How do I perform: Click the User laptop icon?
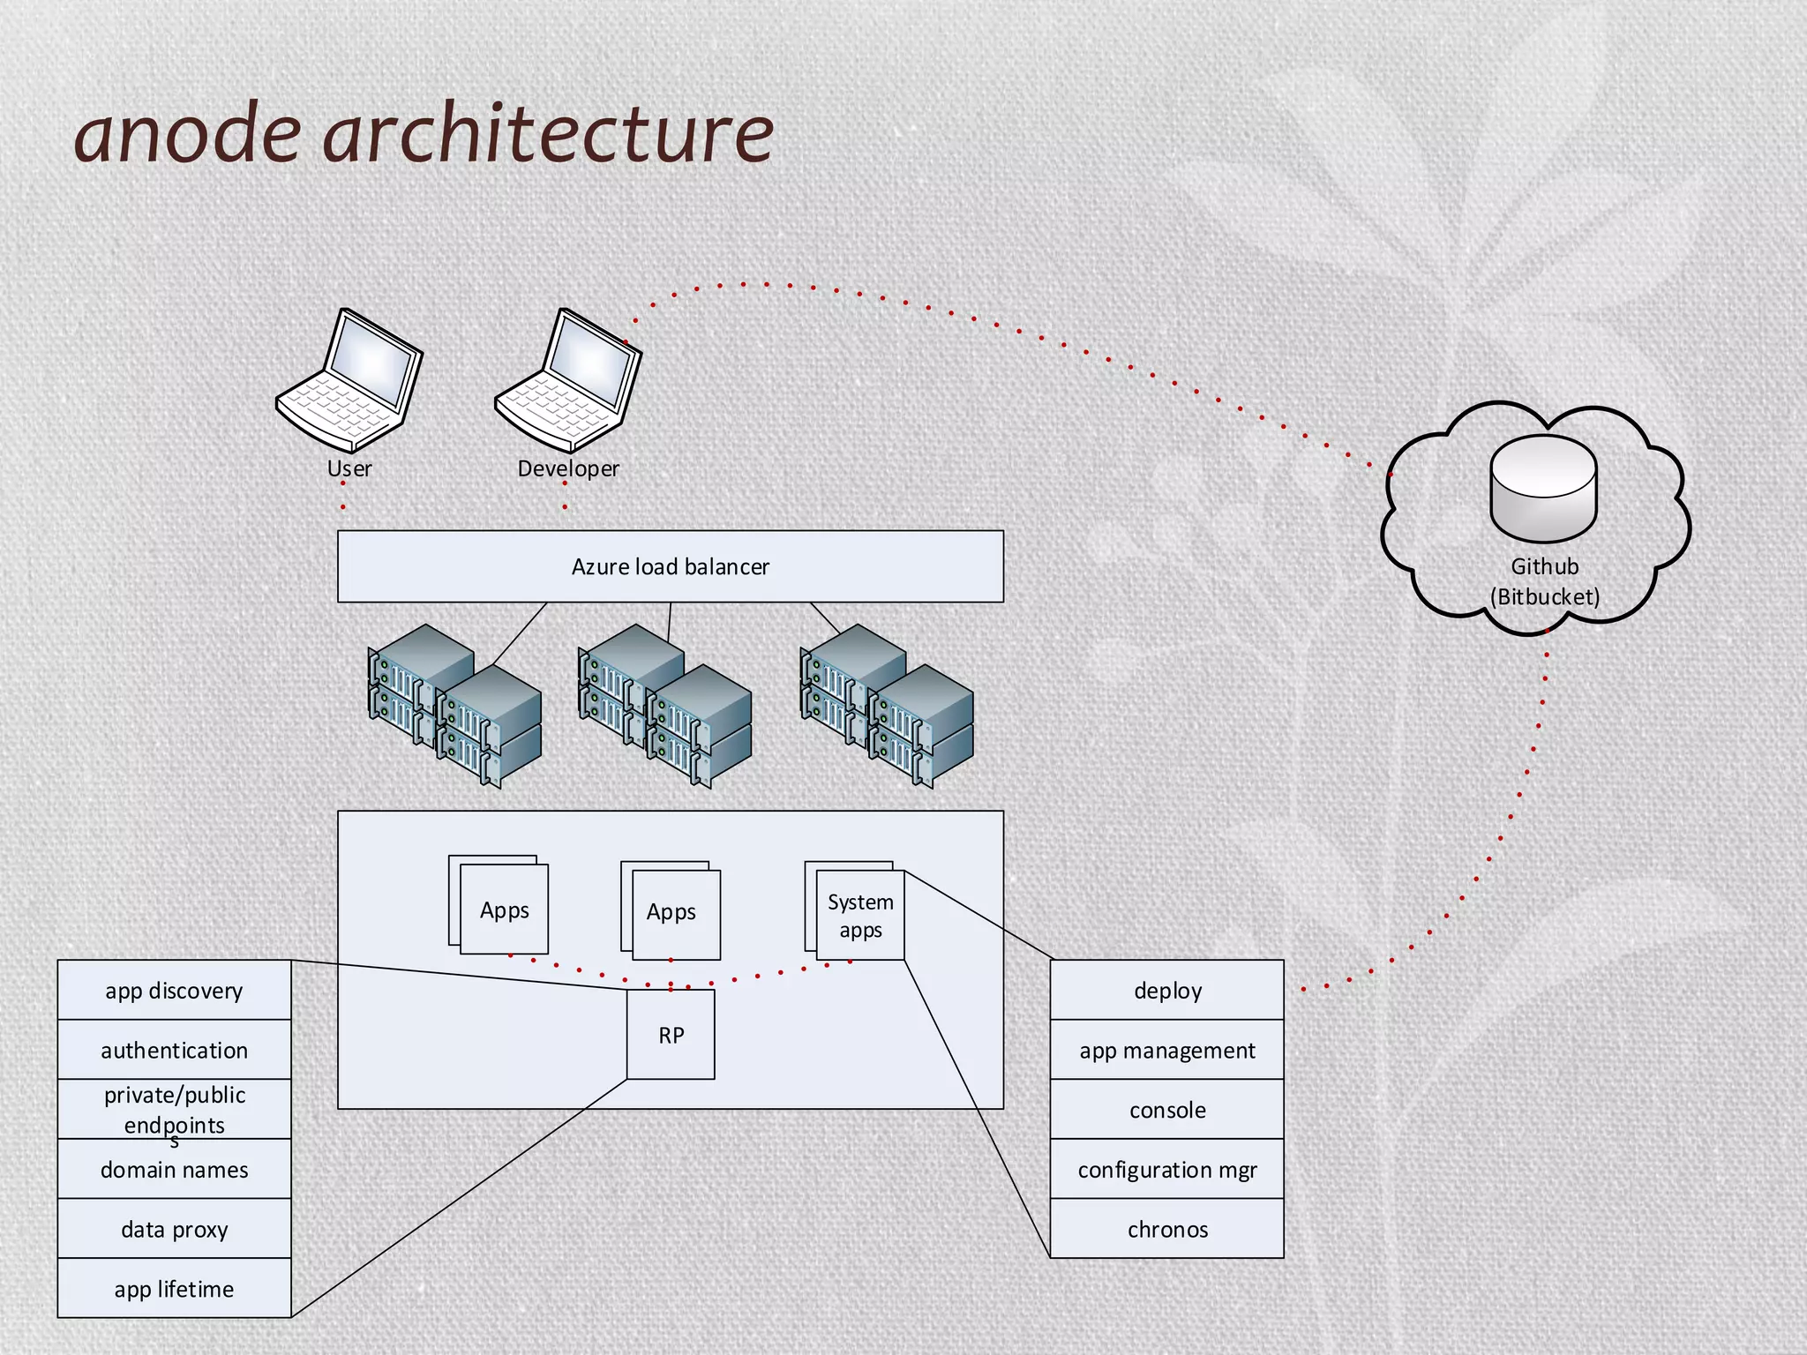(349, 381)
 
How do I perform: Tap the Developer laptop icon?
(568, 381)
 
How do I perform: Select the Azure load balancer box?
(670, 566)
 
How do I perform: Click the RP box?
(671, 1035)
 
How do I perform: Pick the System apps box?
(860, 916)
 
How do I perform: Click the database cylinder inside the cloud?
(1543, 490)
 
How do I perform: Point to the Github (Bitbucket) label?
(1544, 582)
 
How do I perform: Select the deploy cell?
(1166, 991)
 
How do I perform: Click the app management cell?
(1166, 1050)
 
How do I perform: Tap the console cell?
(1166, 1110)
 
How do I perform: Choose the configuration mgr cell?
(1166, 1170)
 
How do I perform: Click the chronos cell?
(1166, 1229)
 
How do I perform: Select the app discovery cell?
(174, 991)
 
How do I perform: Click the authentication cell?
(174, 1050)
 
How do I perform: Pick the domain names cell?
(174, 1170)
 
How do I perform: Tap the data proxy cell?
(174, 1229)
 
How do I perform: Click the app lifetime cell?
(174, 1289)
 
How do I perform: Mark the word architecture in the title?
(549, 134)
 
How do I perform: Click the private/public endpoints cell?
(174, 1109)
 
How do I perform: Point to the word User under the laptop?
(349, 468)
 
